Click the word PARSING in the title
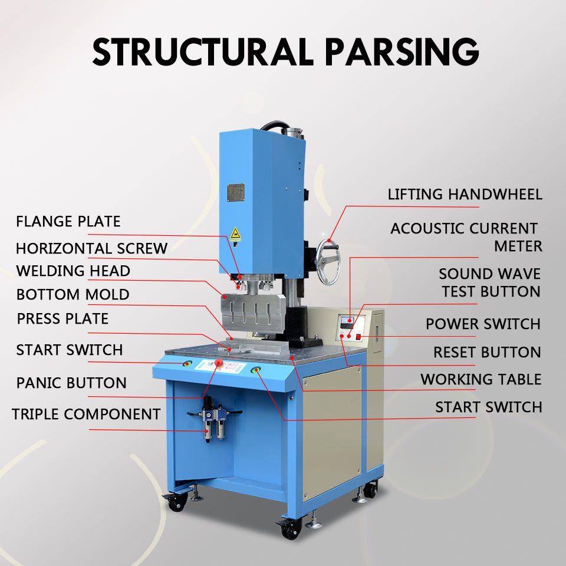402,51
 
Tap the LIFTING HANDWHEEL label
465,194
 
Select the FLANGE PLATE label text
68,222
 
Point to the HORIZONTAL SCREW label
91,248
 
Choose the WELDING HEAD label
73,271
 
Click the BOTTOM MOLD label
73,294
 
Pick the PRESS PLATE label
62,319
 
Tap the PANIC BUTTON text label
71,383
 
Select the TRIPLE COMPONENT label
86,414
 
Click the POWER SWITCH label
483,324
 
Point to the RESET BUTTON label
487,352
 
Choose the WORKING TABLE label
481,379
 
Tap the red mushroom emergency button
219,362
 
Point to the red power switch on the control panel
358,337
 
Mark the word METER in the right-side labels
518,246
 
